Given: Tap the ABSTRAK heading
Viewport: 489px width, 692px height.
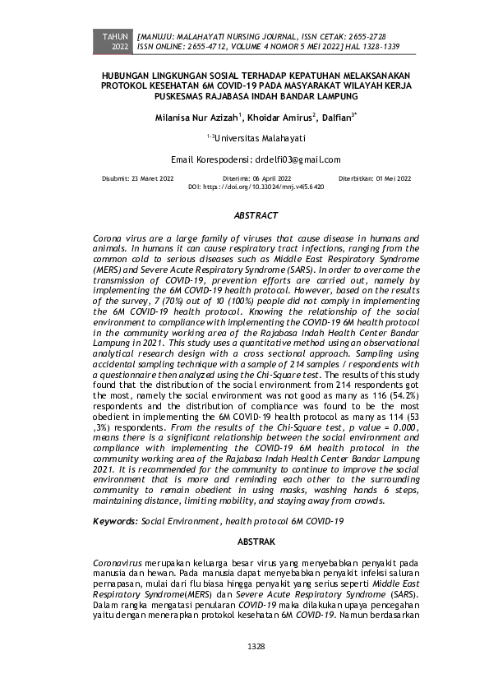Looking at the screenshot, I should (x=256, y=542).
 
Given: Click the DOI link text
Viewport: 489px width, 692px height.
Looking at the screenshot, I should (x=256, y=187).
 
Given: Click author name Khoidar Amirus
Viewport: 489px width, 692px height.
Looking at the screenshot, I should (x=274, y=118).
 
